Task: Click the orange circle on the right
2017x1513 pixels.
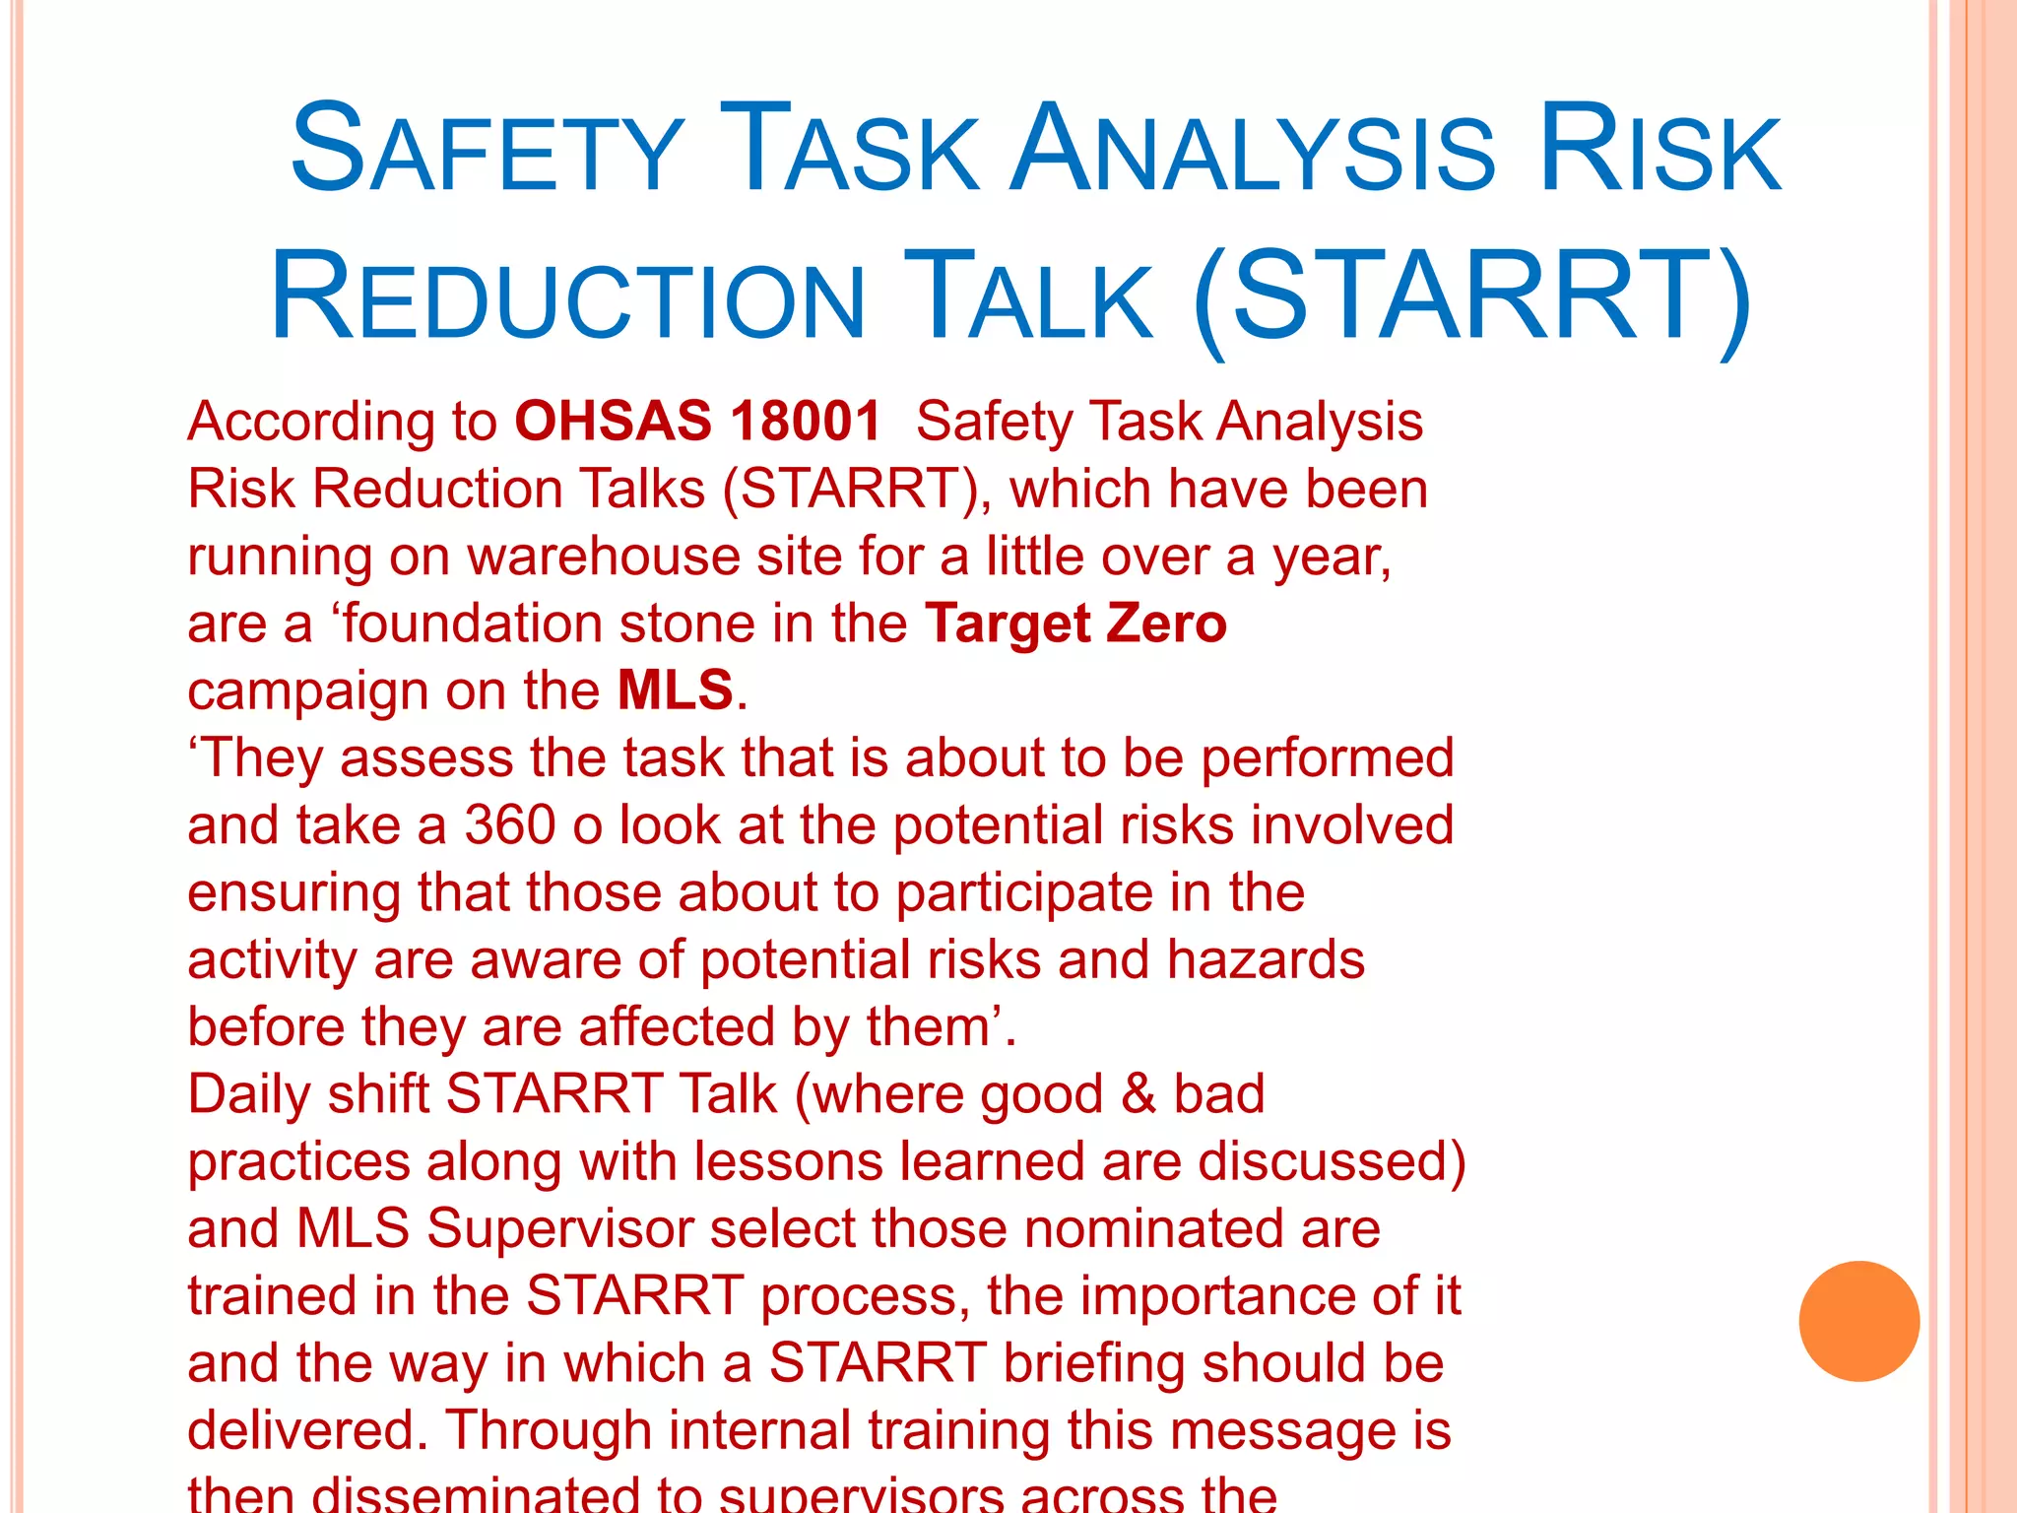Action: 1858,1321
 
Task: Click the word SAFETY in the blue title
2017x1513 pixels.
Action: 487,150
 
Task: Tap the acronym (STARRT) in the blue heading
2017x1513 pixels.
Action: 1471,297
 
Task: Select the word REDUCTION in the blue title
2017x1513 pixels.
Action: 567,297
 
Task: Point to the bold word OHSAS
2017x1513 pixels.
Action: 613,422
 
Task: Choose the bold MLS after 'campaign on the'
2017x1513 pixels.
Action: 676,691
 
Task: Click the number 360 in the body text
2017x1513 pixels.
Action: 510,825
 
